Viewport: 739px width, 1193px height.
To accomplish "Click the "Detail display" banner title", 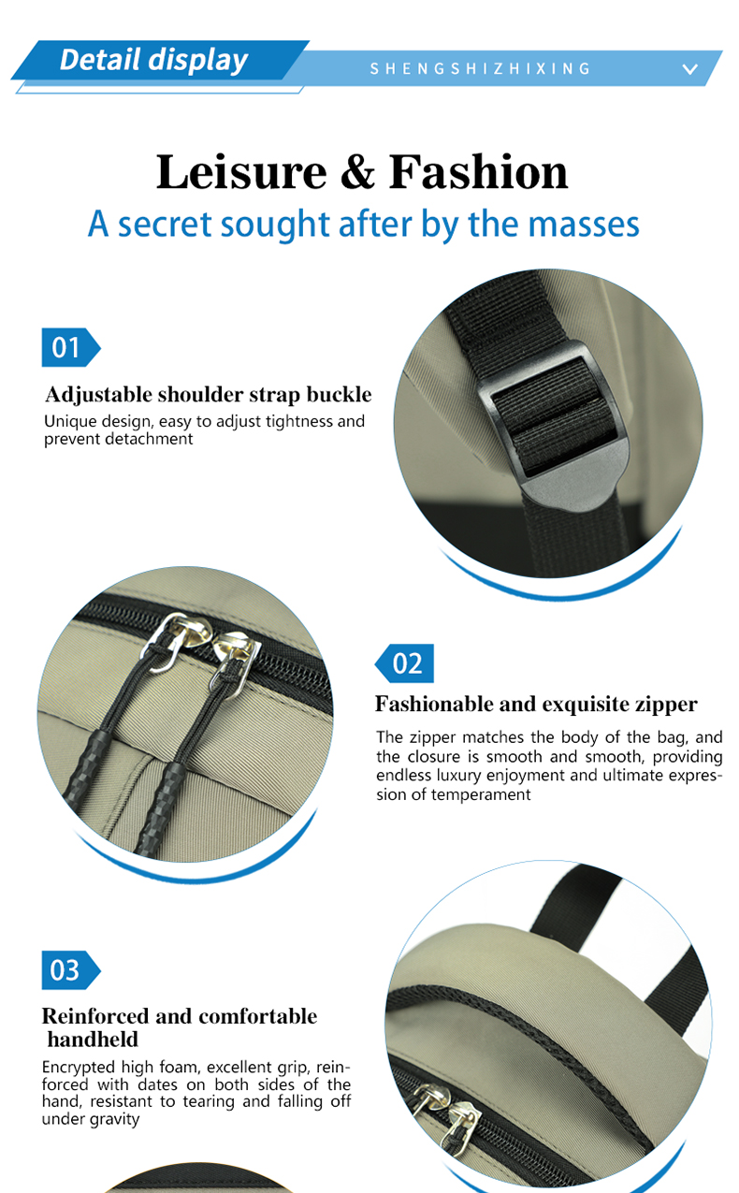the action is click(153, 59).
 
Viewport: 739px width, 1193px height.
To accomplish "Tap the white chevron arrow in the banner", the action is click(690, 68).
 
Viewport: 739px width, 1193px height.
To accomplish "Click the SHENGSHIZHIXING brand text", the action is click(480, 68).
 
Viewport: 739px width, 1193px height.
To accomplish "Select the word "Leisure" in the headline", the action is click(241, 172).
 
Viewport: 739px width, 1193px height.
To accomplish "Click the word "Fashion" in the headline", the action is click(478, 171).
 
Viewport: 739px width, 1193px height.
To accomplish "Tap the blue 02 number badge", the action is click(404, 663).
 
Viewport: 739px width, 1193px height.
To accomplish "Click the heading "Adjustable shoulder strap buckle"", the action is click(209, 395).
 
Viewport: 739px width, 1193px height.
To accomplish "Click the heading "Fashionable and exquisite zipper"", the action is click(536, 704).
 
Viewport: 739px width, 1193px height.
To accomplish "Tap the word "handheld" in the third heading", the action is click(93, 1040).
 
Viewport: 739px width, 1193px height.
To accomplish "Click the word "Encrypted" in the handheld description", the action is click(79, 1068).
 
